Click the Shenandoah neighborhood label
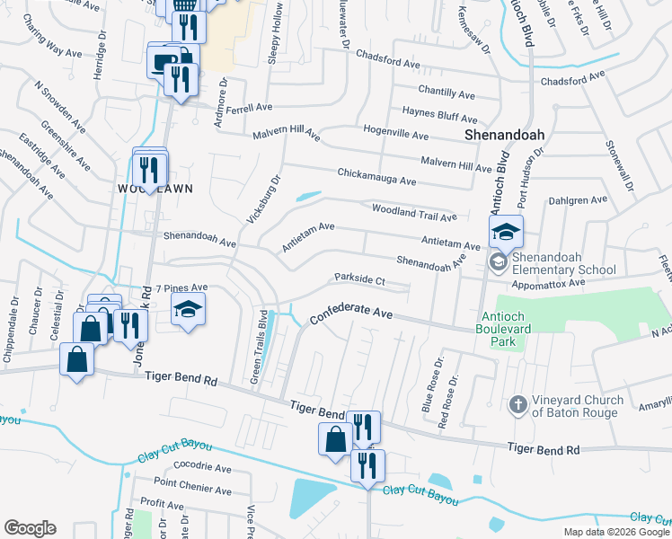click(505, 135)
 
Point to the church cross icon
click(517, 406)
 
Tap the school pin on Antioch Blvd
click(506, 234)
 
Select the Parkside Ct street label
click(359, 280)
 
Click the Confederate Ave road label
click(352, 315)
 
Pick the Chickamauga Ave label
click(376, 176)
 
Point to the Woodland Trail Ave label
click(414, 212)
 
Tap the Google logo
click(30, 528)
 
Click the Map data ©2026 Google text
click(616, 532)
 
